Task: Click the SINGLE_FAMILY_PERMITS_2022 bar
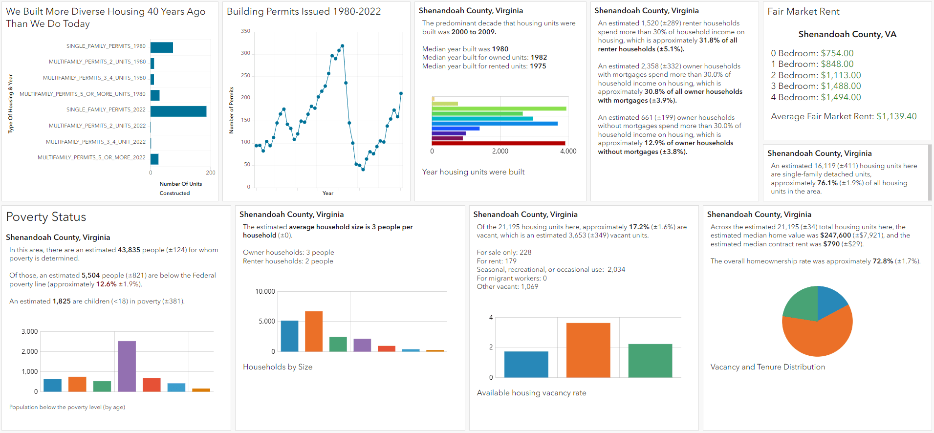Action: click(x=178, y=111)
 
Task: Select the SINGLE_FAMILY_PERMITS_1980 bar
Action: click(x=162, y=47)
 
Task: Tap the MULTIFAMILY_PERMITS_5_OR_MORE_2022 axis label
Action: click(x=91, y=157)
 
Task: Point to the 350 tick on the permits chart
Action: click(x=245, y=31)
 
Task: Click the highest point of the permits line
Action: click(x=343, y=46)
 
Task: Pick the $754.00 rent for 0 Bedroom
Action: click(x=837, y=53)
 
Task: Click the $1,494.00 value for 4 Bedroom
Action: click(x=841, y=97)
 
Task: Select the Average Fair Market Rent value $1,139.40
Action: click(x=896, y=116)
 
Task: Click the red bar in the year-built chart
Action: click(x=499, y=143)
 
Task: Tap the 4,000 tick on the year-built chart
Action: click(x=568, y=152)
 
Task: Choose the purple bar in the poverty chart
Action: click(x=127, y=366)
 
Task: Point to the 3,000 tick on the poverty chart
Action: click(x=29, y=331)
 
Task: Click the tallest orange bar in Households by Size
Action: click(x=314, y=331)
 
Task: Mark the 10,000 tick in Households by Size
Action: click(x=265, y=291)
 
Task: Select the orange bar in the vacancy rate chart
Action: click(x=588, y=350)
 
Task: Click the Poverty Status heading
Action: click(x=46, y=217)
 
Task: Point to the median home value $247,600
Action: click(x=835, y=236)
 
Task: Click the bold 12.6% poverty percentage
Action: click(x=106, y=284)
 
